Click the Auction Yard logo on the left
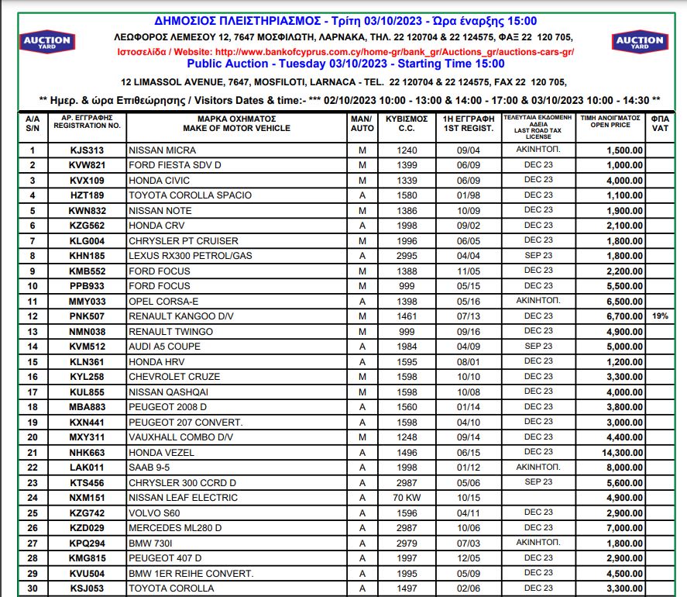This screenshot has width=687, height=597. click(47, 42)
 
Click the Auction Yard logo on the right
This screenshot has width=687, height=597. click(639, 42)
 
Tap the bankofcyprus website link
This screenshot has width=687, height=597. click(394, 52)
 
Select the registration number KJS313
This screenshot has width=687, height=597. click(86, 150)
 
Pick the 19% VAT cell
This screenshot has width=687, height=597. click(659, 316)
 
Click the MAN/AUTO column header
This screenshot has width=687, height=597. click(362, 123)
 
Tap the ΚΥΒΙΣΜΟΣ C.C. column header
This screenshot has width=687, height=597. click(407, 123)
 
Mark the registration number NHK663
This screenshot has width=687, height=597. click(86, 452)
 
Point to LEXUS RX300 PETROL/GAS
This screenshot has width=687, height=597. click(190, 256)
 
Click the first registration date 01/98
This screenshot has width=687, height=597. click(469, 195)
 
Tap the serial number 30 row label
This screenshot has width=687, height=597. click(32, 588)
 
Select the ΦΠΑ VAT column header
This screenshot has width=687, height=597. click(659, 123)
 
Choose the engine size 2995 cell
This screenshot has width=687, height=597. click(407, 256)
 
